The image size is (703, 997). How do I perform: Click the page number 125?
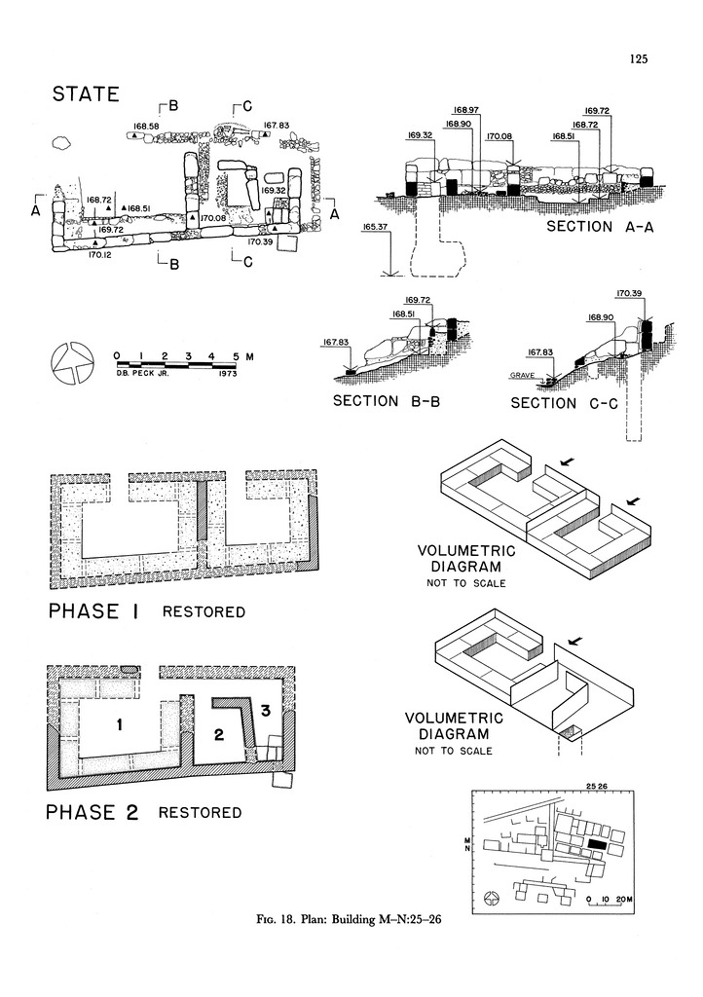point(639,58)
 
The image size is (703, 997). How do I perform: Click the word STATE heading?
point(86,94)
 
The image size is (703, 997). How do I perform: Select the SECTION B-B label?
point(388,401)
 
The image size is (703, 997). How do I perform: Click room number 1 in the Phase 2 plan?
point(118,724)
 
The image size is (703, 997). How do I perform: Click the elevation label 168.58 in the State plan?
point(148,127)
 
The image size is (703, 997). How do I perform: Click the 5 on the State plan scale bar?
point(236,355)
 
